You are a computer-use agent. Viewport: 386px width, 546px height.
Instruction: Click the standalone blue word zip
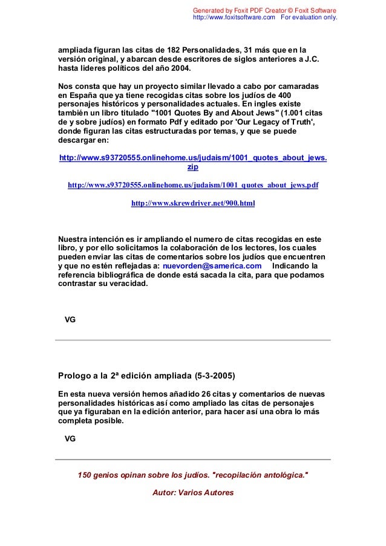pos(193,167)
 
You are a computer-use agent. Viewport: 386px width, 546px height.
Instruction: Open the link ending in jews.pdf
pos(193,185)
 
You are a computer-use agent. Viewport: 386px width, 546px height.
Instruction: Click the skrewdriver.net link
pos(193,204)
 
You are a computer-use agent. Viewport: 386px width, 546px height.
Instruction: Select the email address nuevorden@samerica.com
pos(212,265)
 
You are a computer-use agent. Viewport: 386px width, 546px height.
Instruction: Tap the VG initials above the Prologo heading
pos(70,319)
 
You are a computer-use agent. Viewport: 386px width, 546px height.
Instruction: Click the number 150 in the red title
pos(86,475)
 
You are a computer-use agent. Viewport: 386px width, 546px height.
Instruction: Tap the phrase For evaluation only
pos(309,18)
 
